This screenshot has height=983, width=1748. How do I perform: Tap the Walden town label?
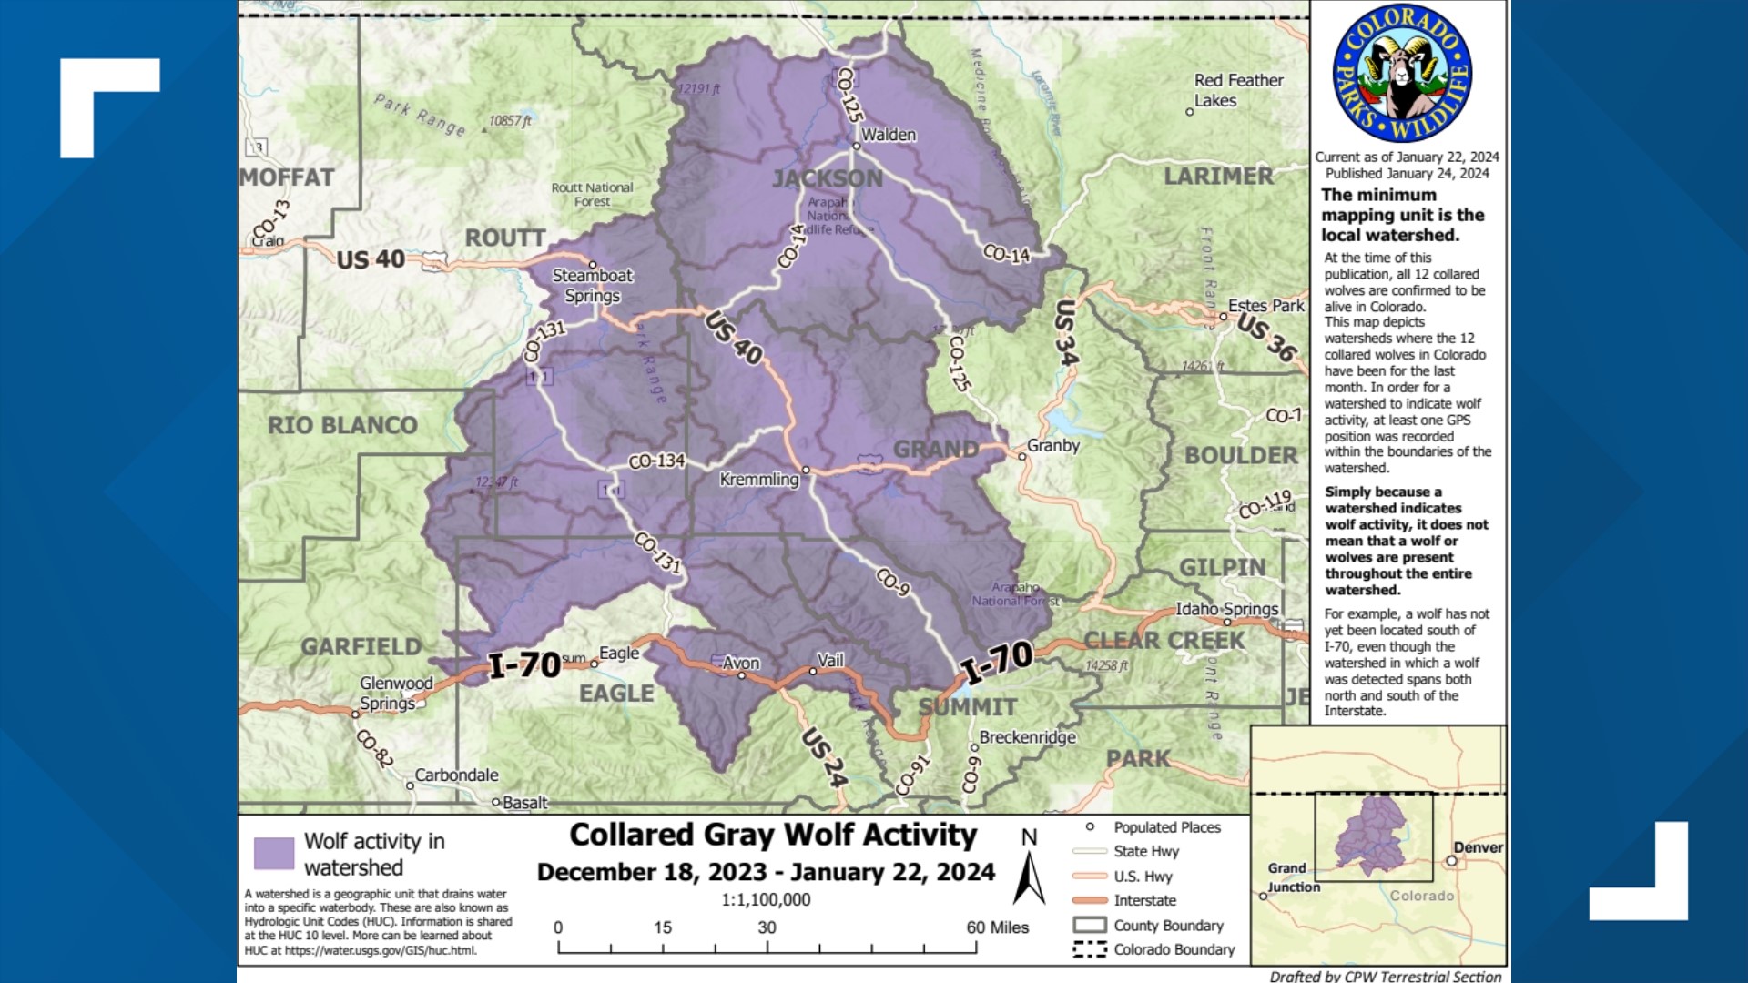tap(888, 135)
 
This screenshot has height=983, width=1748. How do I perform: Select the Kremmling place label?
tap(758, 480)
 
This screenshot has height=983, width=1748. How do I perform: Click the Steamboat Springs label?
tap(592, 285)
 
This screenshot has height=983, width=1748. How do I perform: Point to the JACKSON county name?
tap(828, 178)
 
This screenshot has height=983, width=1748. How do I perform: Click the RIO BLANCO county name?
tap(342, 425)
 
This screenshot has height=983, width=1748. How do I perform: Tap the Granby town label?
tap(1052, 445)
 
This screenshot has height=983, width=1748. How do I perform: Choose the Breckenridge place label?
tap(1027, 737)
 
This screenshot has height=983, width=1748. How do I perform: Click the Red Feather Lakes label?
tap(1237, 90)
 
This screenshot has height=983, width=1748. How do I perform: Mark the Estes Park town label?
tap(1265, 306)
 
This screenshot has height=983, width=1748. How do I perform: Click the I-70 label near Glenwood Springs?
tap(524, 665)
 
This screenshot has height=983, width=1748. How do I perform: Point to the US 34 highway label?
tap(1066, 333)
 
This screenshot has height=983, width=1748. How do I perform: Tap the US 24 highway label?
tap(825, 756)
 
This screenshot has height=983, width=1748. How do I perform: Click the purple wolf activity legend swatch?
tap(274, 854)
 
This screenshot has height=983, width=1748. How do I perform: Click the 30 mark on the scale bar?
tap(767, 927)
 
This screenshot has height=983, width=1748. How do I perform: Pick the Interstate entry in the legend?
tap(1144, 900)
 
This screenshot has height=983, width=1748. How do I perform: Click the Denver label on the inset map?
tap(1478, 847)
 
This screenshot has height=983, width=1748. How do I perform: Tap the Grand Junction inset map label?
tap(1293, 877)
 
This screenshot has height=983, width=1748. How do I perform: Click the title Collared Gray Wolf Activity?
tap(772, 835)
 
